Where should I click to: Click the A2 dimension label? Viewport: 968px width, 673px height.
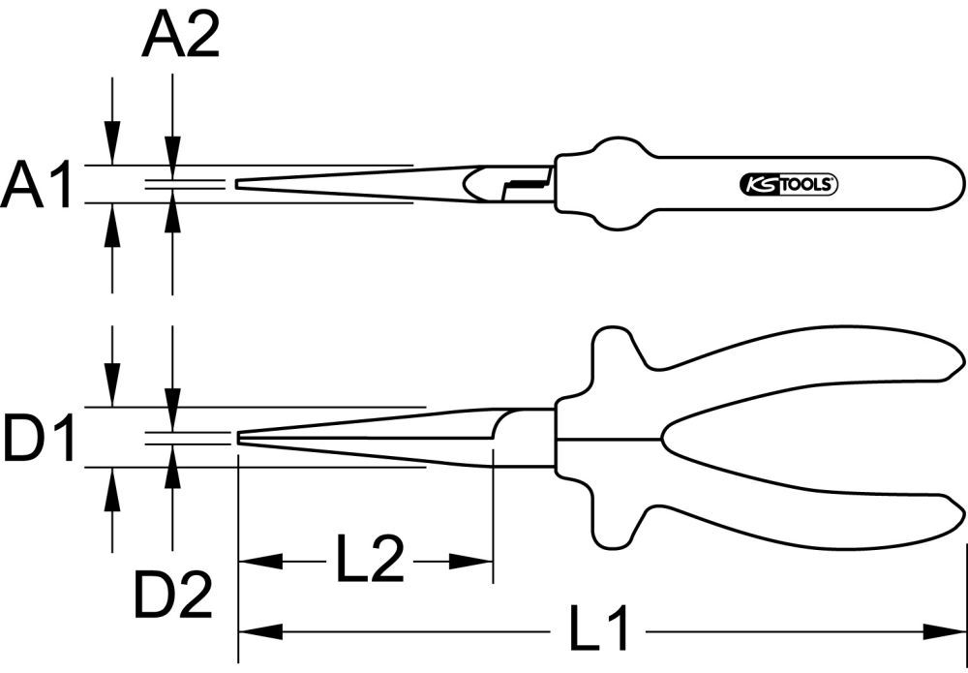click(x=181, y=39)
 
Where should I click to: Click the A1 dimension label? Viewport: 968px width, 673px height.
click(x=37, y=186)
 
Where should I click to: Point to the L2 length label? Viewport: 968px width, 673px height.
click(x=370, y=560)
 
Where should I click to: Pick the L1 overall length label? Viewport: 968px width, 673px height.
click(x=597, y=631)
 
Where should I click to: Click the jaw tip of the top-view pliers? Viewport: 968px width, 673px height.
click(x=238, y=184)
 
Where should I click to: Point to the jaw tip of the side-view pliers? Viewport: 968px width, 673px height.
click(x=240, y=438)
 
